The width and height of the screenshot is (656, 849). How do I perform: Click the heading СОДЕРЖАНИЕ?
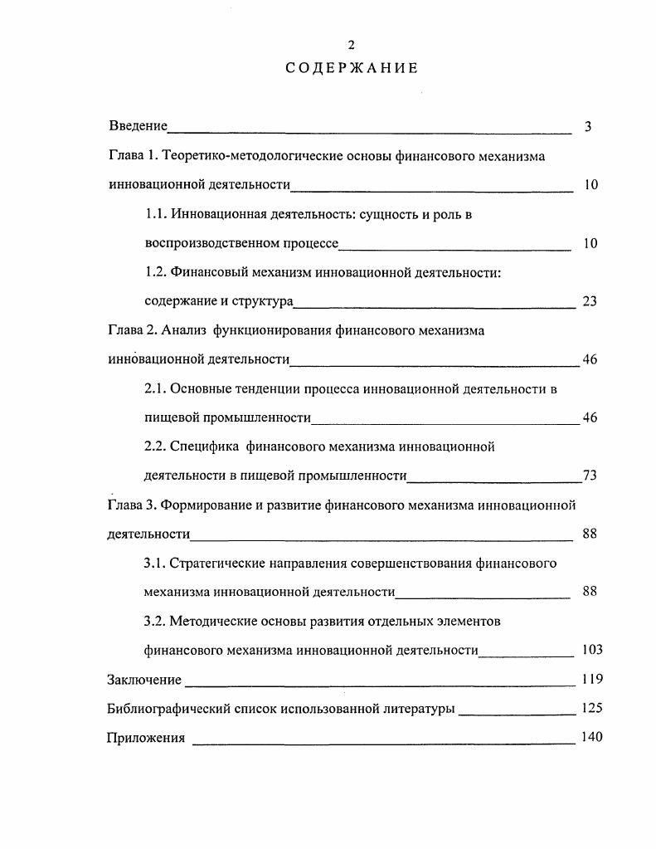(x=351, y=68)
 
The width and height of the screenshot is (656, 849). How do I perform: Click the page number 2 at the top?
(x=351, y=45)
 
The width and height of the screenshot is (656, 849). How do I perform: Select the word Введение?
(x=138, y=127)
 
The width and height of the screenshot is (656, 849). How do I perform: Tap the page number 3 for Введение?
(x=587, y=127)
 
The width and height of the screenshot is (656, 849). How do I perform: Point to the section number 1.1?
(x=156, y=214)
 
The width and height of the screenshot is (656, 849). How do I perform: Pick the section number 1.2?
(x=156, y=272)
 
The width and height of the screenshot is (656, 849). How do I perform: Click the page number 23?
(x=590, y=301)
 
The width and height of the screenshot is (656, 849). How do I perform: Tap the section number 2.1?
(x=156, y=388)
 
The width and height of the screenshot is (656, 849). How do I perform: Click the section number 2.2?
(x=156, y=446)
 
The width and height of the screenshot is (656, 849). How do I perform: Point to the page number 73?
(x=590, y=476)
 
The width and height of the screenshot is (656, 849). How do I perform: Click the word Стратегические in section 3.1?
(x=216, y=563)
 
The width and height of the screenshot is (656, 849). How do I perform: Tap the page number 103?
(x=592, y=650)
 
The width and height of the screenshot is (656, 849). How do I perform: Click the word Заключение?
(x=144, y=680)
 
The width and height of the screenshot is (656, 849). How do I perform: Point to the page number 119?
(x=592, y=680)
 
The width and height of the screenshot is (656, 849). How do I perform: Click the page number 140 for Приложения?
(x=592, y=738)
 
